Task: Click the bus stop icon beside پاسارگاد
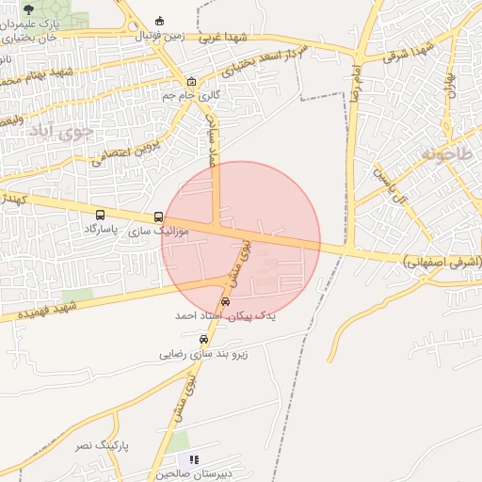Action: click(101, 215)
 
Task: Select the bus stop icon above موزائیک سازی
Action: click(158, 217)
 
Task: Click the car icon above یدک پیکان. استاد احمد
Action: click(225, 301)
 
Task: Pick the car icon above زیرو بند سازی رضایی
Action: click(203, 340)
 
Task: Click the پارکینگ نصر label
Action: click(102, 443)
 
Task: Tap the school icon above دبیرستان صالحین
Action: click(195, 460)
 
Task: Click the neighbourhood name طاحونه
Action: click(448, 153)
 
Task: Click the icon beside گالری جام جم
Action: click(192, 81)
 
